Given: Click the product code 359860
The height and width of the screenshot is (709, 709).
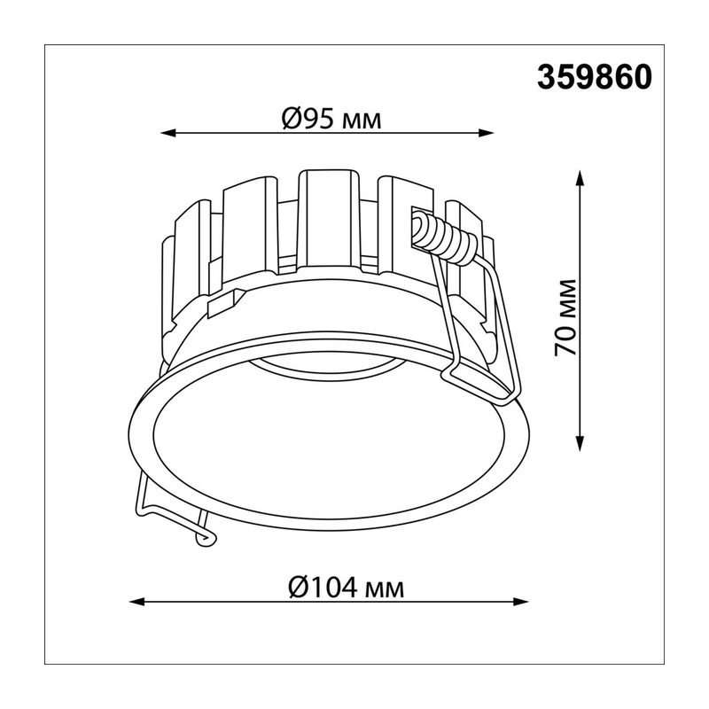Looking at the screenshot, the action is (595, 77).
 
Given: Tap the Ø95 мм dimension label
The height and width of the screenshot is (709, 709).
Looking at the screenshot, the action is (331, 120).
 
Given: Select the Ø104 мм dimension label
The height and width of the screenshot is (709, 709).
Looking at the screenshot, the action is (346, 588).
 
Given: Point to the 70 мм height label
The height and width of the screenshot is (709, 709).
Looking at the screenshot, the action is (565, 317).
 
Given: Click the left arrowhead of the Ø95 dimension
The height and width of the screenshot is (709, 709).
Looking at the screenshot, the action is (168, 133).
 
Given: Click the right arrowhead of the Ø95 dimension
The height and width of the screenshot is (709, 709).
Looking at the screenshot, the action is (486, 133).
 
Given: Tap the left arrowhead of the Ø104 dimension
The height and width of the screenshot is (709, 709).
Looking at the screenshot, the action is (137, 602).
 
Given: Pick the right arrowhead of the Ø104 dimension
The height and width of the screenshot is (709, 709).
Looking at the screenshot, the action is (521, 602).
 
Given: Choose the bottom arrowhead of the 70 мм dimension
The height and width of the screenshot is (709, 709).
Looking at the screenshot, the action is (580, 444).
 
